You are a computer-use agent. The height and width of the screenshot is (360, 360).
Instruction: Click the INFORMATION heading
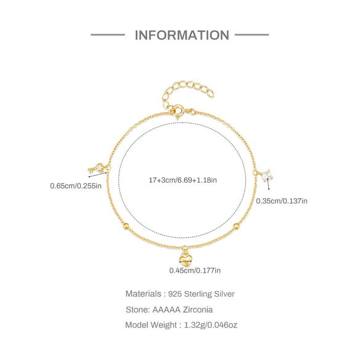[x=182, y=35]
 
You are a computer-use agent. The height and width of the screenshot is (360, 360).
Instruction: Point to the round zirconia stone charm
[x=267, y=175]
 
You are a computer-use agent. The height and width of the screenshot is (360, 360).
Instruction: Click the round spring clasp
[x=178, y=110]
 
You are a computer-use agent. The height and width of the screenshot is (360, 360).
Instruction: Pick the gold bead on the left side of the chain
[x=126, y=226]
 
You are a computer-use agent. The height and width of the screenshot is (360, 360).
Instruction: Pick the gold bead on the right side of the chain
[x=236, y=226]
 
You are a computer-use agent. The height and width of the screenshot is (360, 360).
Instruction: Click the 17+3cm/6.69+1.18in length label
[x=183, y=180]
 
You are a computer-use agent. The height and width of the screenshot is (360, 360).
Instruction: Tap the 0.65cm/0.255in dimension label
[x=76, y=186]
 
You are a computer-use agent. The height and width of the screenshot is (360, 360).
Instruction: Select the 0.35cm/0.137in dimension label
[x=282, y=201]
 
